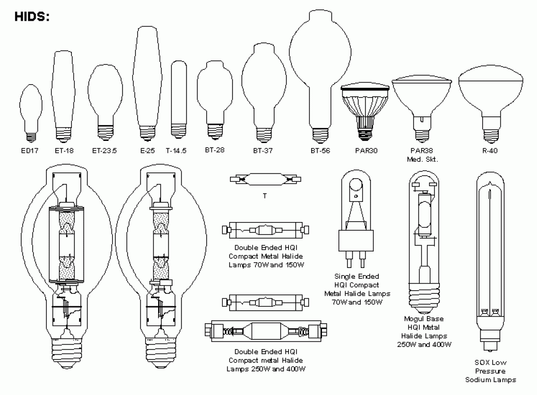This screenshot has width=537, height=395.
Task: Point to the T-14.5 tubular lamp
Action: click(178, 98)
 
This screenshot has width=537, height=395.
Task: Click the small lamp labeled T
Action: click(265, 179)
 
